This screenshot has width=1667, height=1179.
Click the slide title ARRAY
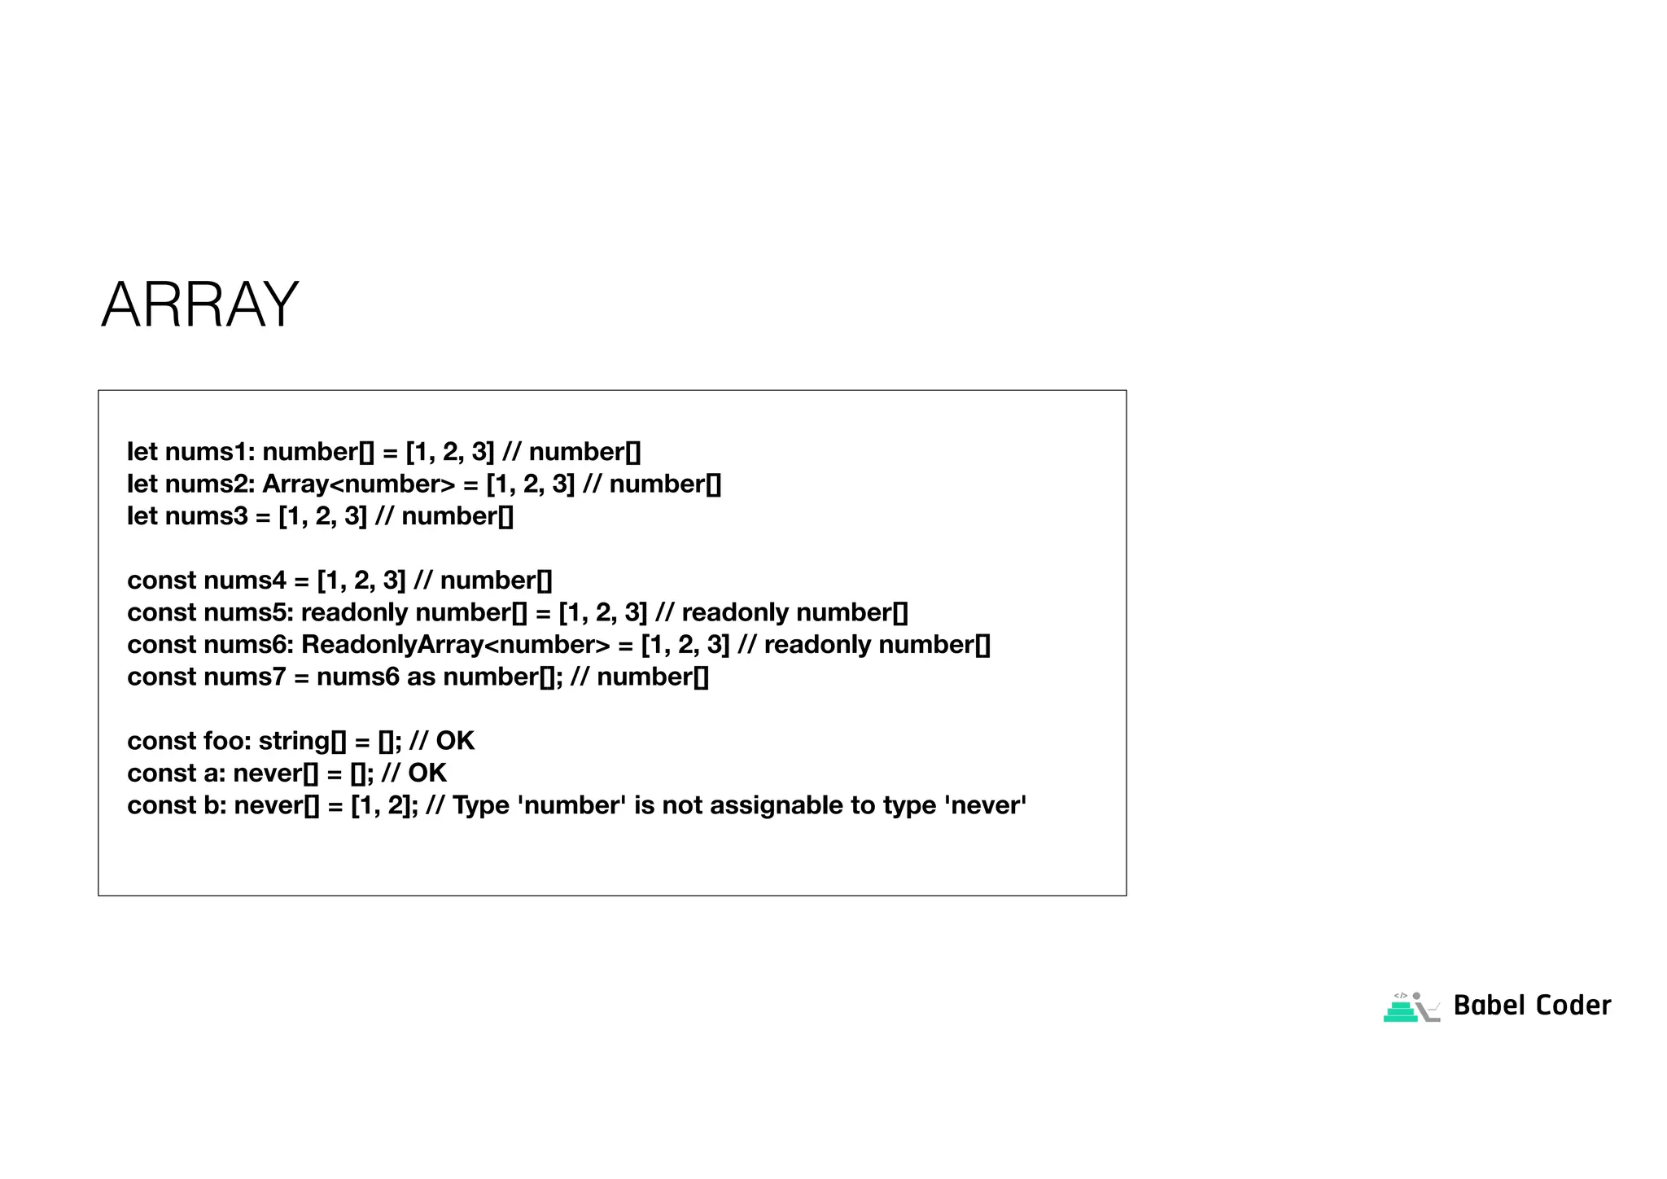click(199, 305)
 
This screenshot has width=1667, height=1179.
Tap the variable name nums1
click(210, 452)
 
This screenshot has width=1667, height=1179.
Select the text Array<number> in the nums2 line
click(358, 484)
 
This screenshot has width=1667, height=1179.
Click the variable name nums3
click(206, 516)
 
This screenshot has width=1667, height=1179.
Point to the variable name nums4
click(245, 581)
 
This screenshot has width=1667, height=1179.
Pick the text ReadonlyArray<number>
click(455, 645)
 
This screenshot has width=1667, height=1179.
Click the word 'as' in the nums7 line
click(421, 677)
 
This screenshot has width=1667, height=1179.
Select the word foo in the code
click(227, 741)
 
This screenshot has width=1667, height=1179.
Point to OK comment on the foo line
click(455, 741)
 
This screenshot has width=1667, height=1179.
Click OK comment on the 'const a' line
click(427, 773)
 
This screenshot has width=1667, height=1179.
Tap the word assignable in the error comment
click(763, 805)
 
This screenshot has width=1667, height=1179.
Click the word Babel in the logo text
click(1488, 1006)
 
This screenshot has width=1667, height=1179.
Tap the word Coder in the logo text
click(1573, 1006)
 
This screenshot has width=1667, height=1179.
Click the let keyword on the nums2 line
click(142, 484)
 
